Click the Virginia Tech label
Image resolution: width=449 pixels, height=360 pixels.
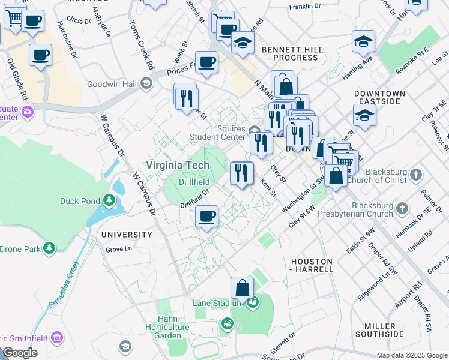coord(178,165)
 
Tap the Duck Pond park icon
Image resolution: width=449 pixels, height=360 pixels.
coord(109,200)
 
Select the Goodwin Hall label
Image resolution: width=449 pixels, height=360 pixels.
coord(112,84)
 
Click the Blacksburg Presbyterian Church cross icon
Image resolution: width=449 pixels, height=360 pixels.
coord(402,208)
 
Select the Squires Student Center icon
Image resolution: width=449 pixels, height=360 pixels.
coord(254,131)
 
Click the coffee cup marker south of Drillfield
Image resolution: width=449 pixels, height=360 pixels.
coord(207,216)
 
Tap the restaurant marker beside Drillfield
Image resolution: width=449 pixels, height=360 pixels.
coord(241,173)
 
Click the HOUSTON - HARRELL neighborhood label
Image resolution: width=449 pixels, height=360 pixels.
coord(312,265)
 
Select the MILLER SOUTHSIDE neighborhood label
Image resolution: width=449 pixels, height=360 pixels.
coord(379,329)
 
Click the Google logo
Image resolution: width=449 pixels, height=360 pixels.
coord(20,353)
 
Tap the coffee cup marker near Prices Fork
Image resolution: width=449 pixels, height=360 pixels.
coord(206,62)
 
